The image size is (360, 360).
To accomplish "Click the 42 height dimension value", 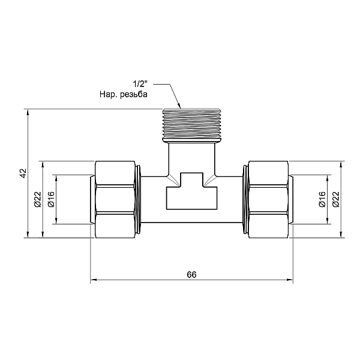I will [x=23, y=173].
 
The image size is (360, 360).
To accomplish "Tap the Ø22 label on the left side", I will [x=37, y=199].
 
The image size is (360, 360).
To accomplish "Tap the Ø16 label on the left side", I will [x=51, y=199].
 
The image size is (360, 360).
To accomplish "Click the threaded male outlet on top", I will [x=192, y=125].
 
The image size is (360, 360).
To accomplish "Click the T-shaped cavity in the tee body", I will [x=192, y=192].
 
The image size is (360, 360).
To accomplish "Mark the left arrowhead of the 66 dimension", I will [x=95, y=280].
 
